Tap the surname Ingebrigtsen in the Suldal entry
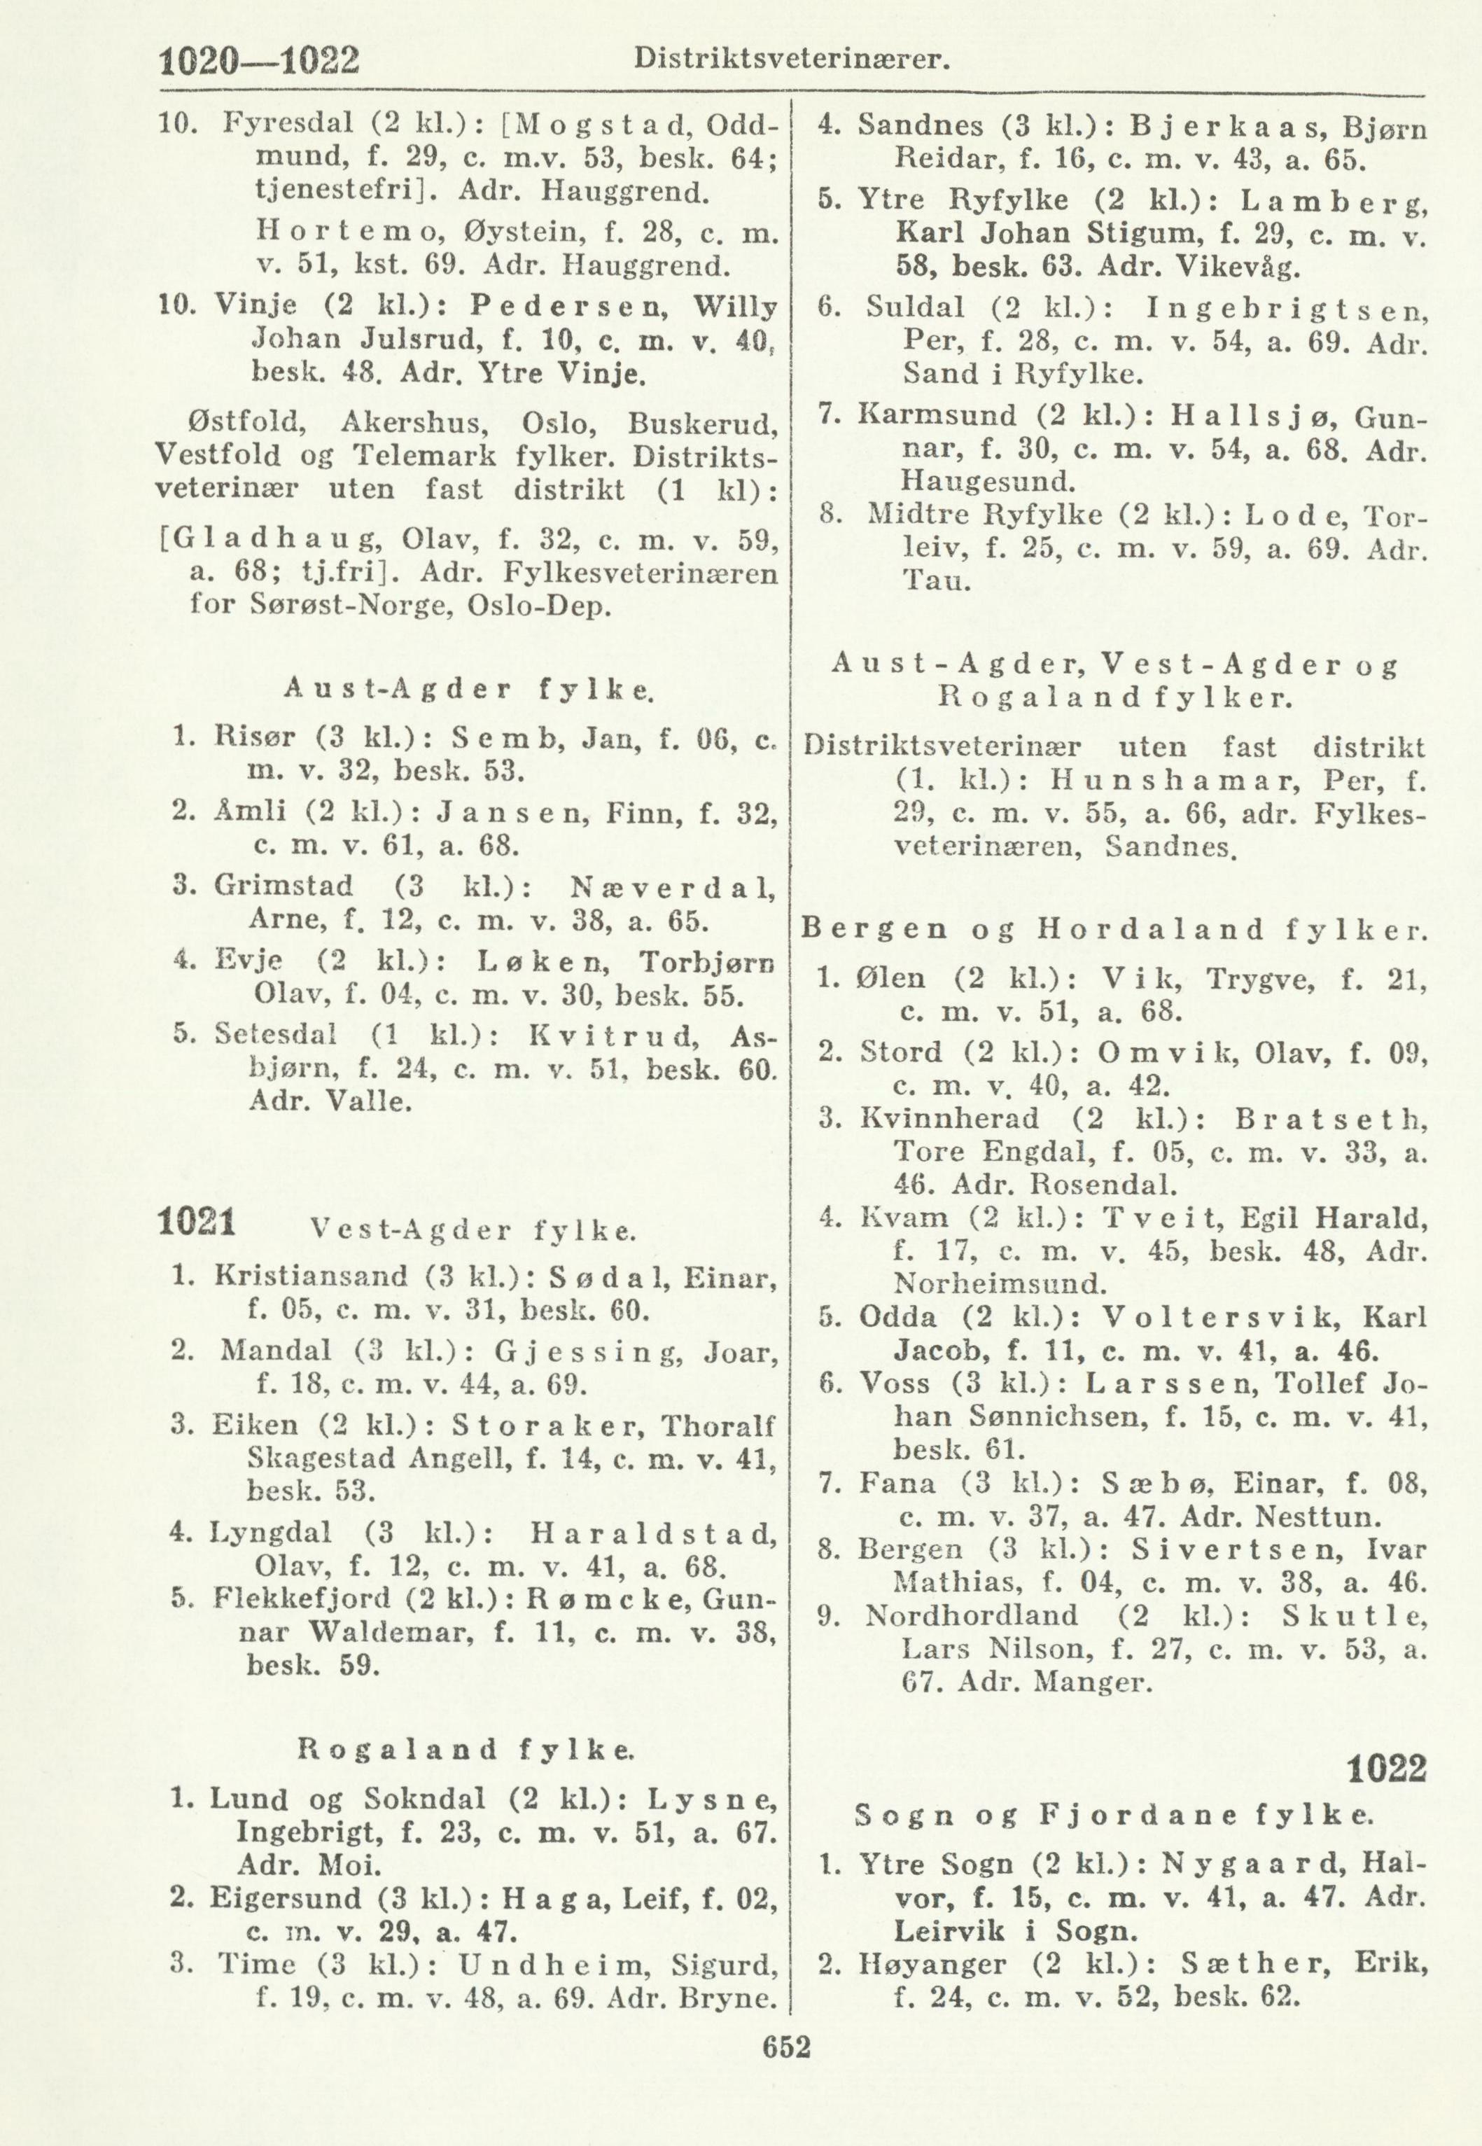[1285, 308]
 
